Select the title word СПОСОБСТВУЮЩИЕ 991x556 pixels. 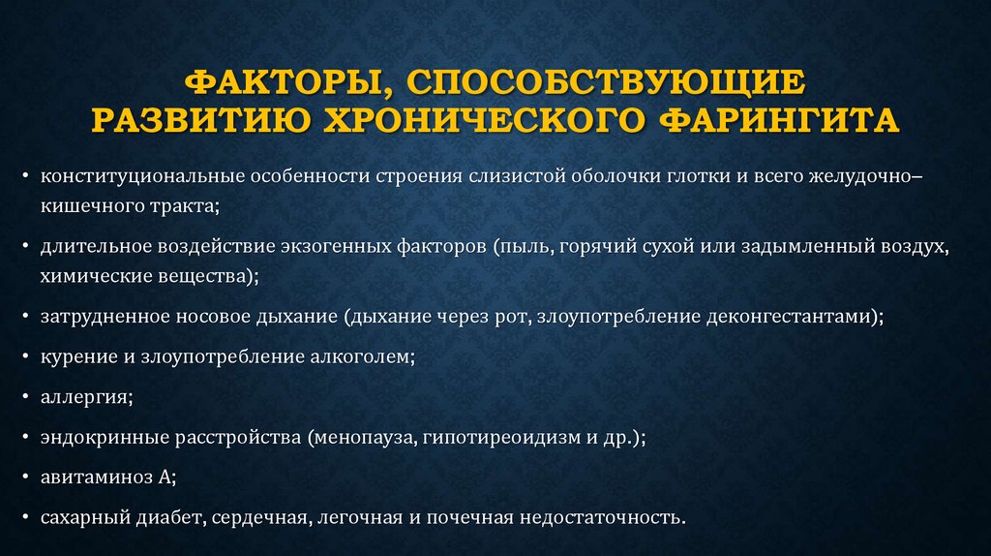coord(607,82)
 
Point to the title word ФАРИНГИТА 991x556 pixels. coord(779,120)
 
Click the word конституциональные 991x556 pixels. coord(143,176)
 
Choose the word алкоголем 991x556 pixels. coord(360,356)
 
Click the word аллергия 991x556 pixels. coord(84,398)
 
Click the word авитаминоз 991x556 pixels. coord(97,477)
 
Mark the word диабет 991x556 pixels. coord(170,517)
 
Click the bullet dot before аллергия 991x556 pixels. coord(25,397)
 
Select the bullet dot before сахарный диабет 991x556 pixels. coord(25,517)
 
